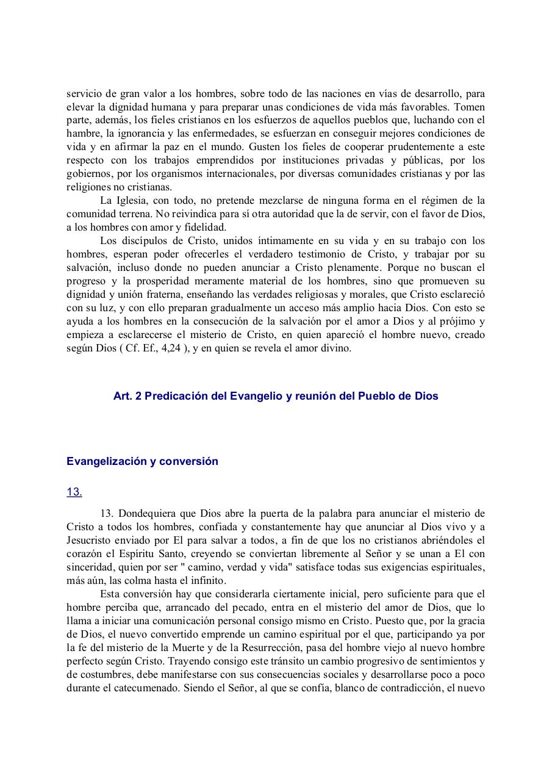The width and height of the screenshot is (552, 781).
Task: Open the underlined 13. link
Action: click(74, 492)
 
